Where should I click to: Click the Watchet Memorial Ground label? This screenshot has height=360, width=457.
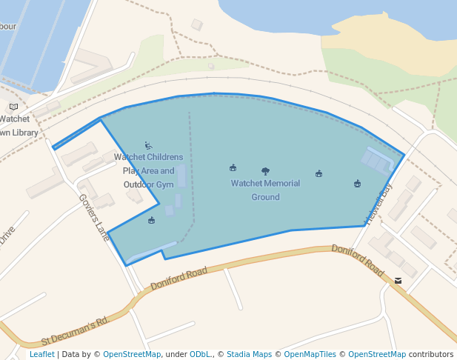pos(265,190)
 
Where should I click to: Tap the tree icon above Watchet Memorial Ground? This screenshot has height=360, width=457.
pos(265,171)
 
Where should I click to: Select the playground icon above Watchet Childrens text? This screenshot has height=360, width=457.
pos(148,145)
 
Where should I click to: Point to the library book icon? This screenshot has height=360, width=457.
pos(14,107)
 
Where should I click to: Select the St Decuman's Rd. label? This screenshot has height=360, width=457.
pos(76,331)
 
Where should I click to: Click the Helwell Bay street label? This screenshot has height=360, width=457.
pos(378,204)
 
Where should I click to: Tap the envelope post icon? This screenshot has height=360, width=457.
pos(398,281)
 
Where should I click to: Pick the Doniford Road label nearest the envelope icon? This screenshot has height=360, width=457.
pos(358,260)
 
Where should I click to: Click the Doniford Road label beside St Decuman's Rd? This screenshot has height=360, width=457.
pos(179,279)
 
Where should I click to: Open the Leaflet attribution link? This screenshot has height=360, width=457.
pos(41,354)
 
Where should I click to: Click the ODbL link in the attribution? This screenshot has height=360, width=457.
pos(199,354)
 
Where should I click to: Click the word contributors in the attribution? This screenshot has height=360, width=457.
pos(430,354)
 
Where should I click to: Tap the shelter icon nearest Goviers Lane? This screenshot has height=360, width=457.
pos(152,220)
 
